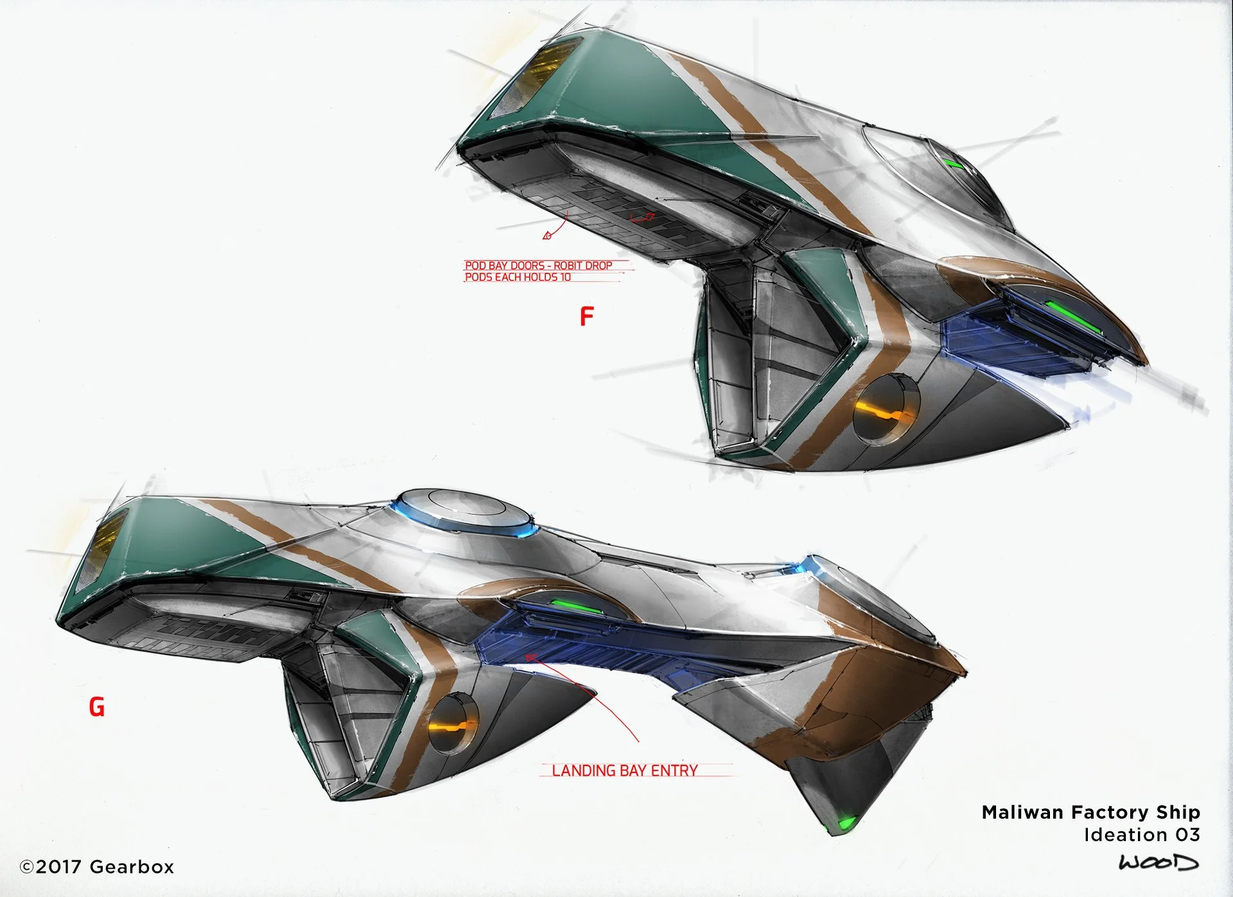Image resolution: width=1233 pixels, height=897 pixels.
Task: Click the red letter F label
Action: tap(586, 316)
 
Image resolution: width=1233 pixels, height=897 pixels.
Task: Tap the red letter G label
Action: tap(96, 707)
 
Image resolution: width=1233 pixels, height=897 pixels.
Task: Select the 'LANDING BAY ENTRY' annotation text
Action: tap(624, 771)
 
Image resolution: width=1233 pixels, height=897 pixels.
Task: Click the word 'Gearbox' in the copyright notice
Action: tap(132, 867)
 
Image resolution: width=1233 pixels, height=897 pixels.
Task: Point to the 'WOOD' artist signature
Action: tap(1158, 862)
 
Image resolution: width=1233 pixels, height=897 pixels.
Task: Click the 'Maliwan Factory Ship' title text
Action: tap(1090, 812)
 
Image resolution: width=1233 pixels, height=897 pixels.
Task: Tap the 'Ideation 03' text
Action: tap(1141, 835)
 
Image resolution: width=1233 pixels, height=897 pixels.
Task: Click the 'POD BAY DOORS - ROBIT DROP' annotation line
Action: tap(538, 265)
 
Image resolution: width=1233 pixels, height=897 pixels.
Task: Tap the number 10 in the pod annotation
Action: tap(565, 277)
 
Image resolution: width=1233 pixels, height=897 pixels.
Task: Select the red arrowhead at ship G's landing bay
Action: tap(531, 657)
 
